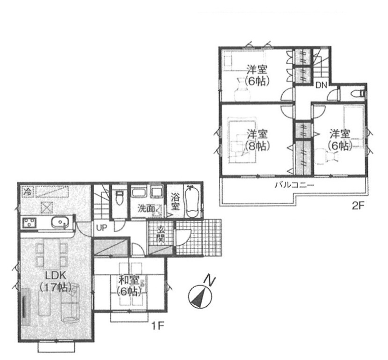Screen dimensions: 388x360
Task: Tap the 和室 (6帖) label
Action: pos(128,287)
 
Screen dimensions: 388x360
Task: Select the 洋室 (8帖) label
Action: pos(257,140)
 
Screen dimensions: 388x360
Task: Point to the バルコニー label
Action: pos(294,185)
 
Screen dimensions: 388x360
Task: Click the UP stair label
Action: pos(101,228)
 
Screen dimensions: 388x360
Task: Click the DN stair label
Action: pos(322,85)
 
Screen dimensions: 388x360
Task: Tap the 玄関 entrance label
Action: pos(161,235)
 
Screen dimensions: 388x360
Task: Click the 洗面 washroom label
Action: pos(146,209)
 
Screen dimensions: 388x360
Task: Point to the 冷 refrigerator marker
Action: pos(28,191)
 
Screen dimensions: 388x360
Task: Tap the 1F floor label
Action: pos(158,327)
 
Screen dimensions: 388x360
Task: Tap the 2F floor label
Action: pos(358,206)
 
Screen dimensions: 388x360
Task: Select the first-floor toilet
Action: pos(119,198)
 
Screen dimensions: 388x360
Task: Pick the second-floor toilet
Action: pos(358,94)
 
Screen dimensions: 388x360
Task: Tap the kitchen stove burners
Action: pos(29,222)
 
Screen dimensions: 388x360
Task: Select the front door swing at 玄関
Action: pos(183,237)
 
